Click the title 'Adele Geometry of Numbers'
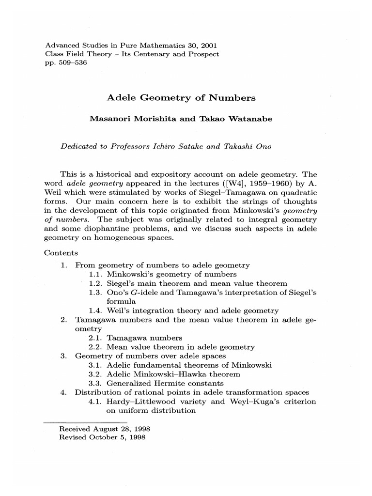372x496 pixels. [181, 98]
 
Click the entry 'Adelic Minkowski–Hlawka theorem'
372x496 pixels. [173, 374]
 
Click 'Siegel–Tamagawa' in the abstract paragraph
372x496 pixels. [193, 192]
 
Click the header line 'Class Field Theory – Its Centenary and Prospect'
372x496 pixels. [132, 54]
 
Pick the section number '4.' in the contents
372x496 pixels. [63, 392]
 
